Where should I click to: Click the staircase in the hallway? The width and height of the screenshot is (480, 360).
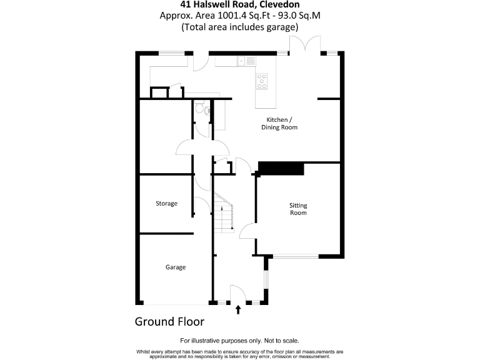point(223,212)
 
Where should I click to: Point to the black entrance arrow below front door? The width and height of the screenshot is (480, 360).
point(237,308)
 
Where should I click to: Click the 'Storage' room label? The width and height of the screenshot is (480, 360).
point(167,204)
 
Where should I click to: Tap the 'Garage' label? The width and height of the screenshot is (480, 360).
point(176,267)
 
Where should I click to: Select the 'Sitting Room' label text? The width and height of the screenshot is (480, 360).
point(298,209)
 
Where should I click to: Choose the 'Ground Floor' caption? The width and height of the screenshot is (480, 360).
point(169,322)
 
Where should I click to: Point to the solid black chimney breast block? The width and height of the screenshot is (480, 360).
point(280,168)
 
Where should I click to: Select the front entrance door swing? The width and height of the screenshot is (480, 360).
point(237,294)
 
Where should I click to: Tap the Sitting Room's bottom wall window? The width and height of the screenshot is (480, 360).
point(295,256)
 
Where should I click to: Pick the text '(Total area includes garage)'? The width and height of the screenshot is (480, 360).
point(239,27)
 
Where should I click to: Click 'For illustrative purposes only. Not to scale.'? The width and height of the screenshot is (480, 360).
point(239,341)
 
